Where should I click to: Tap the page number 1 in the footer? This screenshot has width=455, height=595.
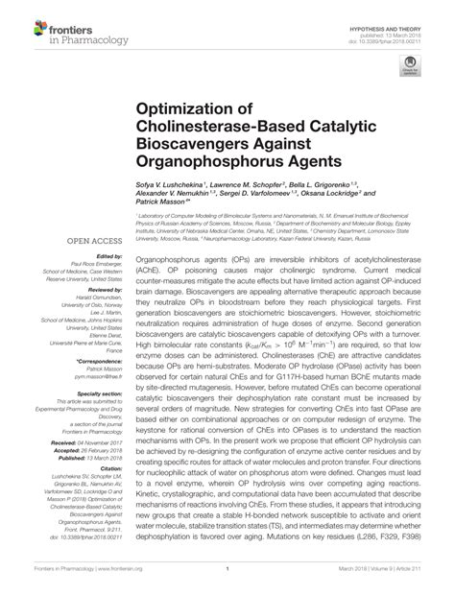(x=227, y=583)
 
